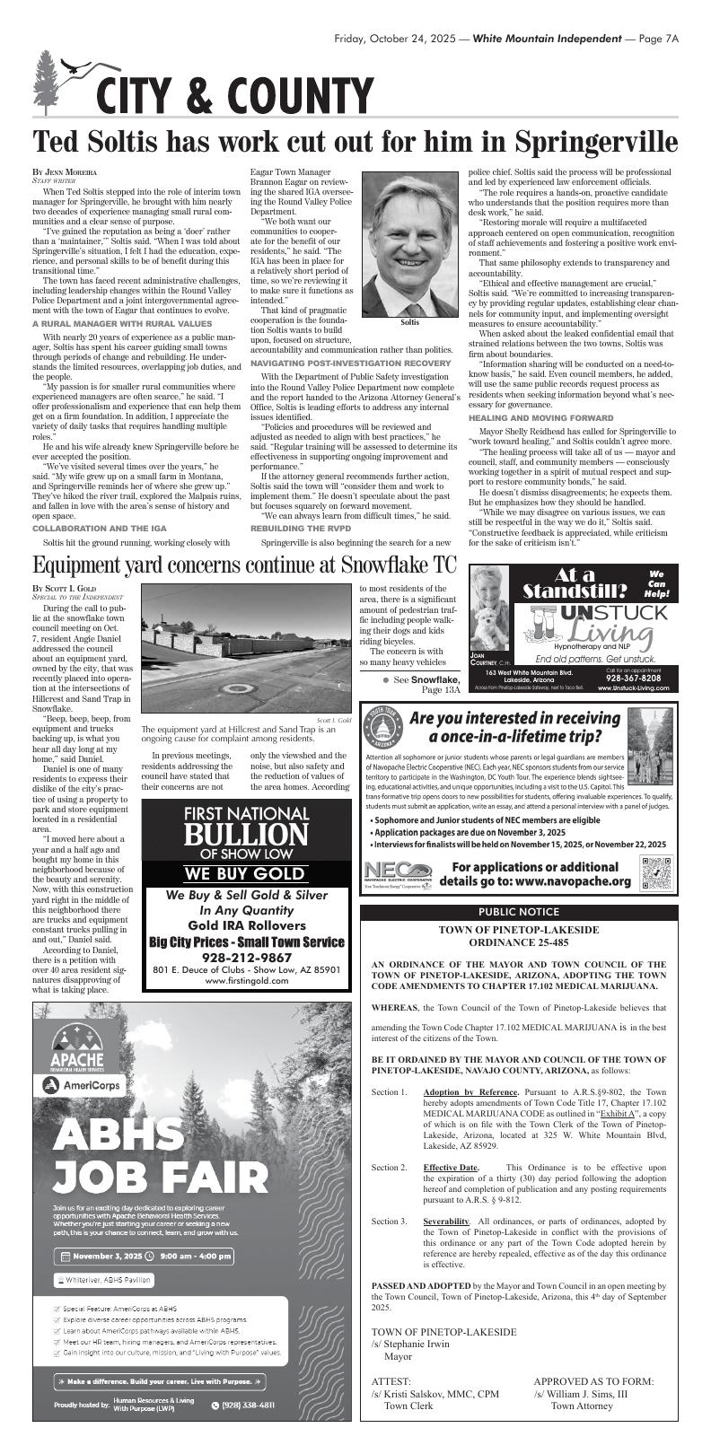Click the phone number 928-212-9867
coord(246,958)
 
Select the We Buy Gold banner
coord(245,873)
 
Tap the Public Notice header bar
coord(518,912)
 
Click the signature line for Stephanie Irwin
coord(410,1345)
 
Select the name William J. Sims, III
coord(580,1394)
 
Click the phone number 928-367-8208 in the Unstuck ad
coord(633,679)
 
